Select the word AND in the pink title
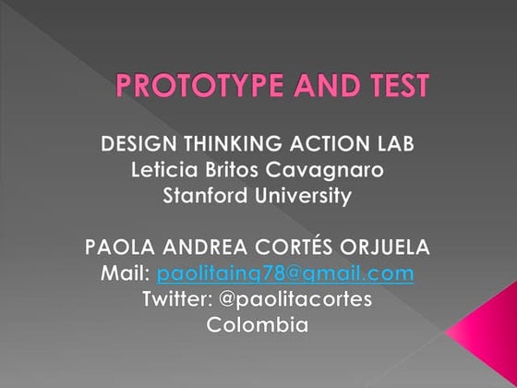322,87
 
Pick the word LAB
392,144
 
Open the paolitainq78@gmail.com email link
284,274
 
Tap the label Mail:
126,273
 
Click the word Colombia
257,325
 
